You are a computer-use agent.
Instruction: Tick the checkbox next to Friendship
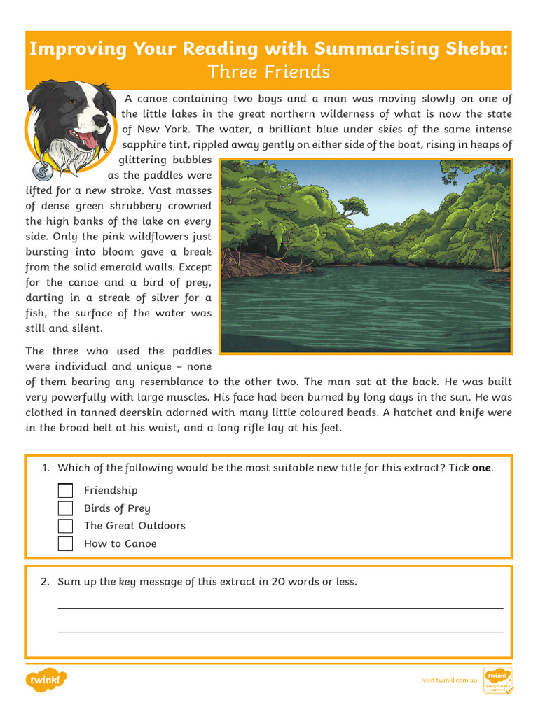(65, 490)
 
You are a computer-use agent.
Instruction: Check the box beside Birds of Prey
(65, 508)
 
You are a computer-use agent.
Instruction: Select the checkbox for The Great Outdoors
(65, 526)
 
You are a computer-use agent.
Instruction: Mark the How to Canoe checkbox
(65, 543)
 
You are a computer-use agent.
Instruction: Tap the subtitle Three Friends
(269, 71)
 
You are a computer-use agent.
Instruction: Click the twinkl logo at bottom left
(46, 680)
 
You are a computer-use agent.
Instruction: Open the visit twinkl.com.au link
(449, 680)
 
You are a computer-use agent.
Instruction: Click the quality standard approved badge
(497, 680)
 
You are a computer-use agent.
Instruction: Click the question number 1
(46, 468)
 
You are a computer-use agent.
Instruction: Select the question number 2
(46, 581)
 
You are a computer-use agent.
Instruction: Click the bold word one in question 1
(481, 468)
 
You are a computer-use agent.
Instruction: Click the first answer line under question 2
(280, 608)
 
